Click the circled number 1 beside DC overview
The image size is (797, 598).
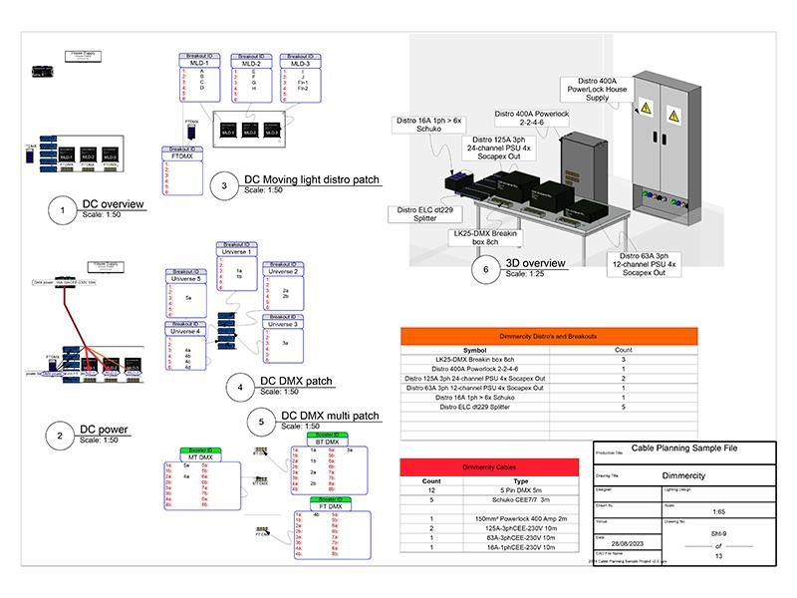pyautogui.click(x=63, y=210)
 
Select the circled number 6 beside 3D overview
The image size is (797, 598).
pyautogui.click(x=486, y=269)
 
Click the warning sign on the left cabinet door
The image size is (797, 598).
pyautogui.click(x=647, y=113)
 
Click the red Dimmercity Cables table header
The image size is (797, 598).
pyautogui.click(x=488, y=466)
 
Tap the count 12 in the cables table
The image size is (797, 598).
pyautogui.click(x=431, y=490)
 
